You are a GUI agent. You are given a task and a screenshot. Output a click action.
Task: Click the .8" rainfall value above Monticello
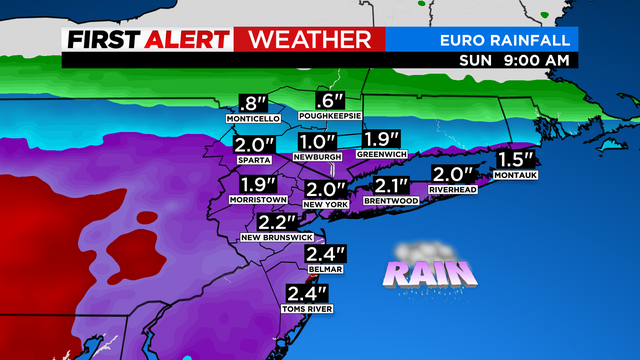(x=252, y=102)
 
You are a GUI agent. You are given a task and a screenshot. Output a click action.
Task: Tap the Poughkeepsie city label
(x=330, y=116)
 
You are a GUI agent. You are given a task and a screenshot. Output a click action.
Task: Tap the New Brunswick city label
(x=277, y=237)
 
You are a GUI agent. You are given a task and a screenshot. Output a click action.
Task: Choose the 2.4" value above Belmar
(x=328, y=255)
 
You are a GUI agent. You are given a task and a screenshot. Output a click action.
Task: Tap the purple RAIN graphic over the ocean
(x=419, y=272)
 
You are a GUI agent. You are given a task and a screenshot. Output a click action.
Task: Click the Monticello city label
(x=252, y=118)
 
